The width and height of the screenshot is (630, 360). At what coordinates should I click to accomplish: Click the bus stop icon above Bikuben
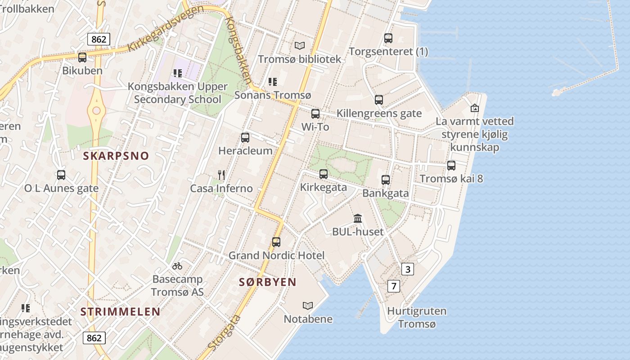point(82,58)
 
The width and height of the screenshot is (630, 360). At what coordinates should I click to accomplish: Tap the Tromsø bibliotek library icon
point(299,45)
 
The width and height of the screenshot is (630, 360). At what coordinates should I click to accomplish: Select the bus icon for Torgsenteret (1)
point(388,38)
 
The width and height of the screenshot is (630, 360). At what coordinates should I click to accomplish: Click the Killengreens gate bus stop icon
point(379,99)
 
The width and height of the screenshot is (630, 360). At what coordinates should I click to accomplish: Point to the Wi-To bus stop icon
point(315,113)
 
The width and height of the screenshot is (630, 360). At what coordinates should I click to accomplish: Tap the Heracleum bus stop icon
point(245,137)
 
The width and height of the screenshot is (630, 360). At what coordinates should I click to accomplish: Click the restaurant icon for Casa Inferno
point(221,175)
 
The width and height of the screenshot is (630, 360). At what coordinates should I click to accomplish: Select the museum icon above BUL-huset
point(358,218)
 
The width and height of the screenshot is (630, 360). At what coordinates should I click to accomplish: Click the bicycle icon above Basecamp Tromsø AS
point(177,266)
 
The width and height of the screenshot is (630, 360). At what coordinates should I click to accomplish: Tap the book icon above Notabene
point(308,306)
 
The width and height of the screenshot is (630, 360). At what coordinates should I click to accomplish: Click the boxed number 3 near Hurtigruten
point(407,270)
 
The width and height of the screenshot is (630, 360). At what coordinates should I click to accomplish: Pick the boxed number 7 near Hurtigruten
point(393,286)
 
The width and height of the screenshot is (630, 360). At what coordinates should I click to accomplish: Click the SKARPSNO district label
point(116,156)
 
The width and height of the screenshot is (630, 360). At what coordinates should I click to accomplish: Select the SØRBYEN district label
point(267,282)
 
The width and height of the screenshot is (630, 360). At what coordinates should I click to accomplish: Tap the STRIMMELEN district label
point(120,311)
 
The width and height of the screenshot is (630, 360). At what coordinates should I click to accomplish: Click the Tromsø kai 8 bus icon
point(451,165)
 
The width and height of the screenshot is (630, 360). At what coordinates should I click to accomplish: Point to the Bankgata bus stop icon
point(385,180)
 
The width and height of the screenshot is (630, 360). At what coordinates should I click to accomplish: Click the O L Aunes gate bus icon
point(61,175)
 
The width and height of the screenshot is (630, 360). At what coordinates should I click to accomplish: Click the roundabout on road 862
point(96,111)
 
